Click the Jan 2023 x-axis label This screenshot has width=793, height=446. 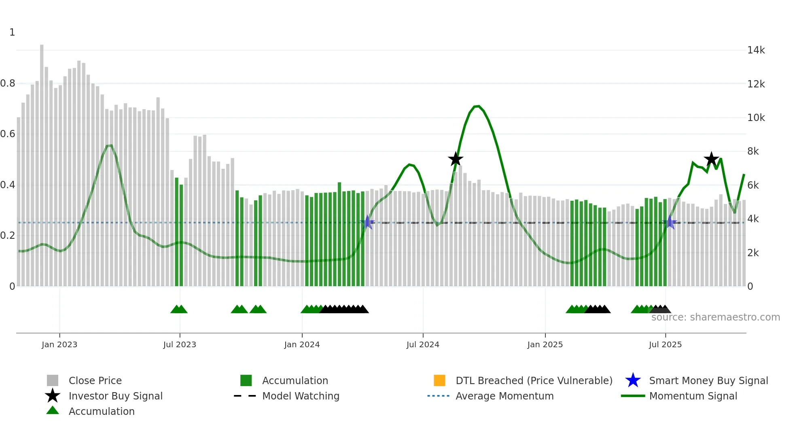pos(59,344)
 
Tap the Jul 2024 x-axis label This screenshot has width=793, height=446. pos(423,344)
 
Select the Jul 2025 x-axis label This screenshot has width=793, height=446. pos(665,344)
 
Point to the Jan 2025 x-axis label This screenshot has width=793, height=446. pos(545,344)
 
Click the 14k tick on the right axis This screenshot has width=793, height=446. pos(756,50)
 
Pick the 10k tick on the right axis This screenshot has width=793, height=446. pos(756,118)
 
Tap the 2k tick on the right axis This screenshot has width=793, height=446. pos(753,253)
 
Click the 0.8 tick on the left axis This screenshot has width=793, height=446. pos(8,83)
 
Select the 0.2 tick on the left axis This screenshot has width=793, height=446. pos(8,236)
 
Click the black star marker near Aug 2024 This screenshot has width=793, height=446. pos(456,159)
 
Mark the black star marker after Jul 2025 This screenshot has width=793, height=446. pos(711,159)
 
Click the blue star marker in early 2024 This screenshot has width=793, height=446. pos(367,222)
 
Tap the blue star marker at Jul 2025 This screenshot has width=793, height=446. pos(670,222)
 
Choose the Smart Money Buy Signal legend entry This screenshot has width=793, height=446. pos(708,380)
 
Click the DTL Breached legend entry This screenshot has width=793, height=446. pos(534,380)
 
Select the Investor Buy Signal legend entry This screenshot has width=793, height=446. pos(115,396)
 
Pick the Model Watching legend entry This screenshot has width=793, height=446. pos(301,396)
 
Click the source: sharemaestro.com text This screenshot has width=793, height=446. pos(715,317)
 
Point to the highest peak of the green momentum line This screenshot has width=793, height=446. pos(478,106)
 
